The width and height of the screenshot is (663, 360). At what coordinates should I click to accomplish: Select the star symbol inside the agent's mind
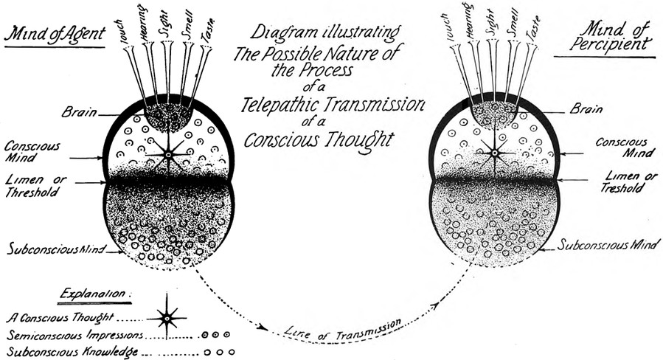[168, 154]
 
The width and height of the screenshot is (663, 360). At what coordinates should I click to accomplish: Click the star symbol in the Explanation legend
[166, 319]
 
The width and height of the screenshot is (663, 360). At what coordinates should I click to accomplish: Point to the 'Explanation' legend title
[94, 293]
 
